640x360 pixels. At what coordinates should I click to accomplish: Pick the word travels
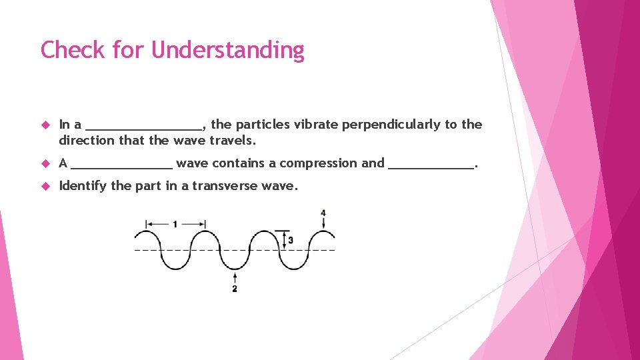233,141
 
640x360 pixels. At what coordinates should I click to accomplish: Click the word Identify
83,186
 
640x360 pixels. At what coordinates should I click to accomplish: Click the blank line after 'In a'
145,128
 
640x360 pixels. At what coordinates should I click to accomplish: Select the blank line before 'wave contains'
121,167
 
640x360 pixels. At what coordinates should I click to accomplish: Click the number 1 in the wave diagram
175,225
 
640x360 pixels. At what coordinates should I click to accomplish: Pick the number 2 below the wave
235,289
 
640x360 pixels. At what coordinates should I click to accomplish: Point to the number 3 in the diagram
291,240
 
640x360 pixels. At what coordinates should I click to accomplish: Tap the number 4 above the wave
323,213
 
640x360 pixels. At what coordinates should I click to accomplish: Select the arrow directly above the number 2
235,277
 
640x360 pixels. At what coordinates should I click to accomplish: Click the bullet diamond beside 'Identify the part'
46,186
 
